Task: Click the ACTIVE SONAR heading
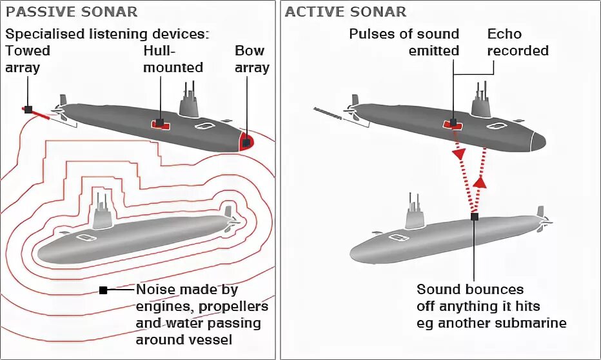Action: tap(346, 12)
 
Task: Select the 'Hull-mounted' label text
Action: tap(173, 59)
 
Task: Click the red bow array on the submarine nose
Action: tap(246, 142)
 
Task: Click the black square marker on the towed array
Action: tap(28, 110)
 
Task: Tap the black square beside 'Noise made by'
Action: tap(103, 290)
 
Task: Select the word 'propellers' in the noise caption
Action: tap(234, 306)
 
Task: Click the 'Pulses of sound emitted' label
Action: tap(404, 42)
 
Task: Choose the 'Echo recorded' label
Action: tap(517, 42)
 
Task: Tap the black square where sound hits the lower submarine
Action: tap(475, 217)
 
